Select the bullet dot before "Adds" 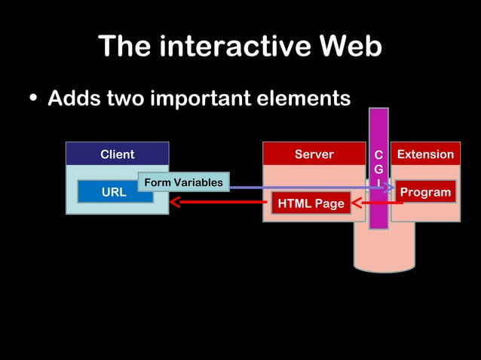pyautogui.click(x=33, y=99)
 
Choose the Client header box pyautogui.click(x=117, y=154)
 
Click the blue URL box pyautogui.click(x=114, y=192)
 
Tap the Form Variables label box pyautogui.click(x=183, y=182)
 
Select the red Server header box pyautogui.click(x=314, y=154)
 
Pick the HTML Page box pyautogui.click(x=311, y=203)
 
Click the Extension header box pyautogui.click(x=425, y=154)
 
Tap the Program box pyautogui.click(x=425, y=192)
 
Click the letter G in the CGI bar pyautogui.click(x=378, y=170)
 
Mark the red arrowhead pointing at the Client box pyautogui.click(x=175, y=202)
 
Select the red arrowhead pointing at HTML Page pyautogui.click(x=356, y=203)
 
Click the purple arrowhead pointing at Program pyautogui.click(x=390, y=188)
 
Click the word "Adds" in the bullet pyautogui.click(x=72, y=99)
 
